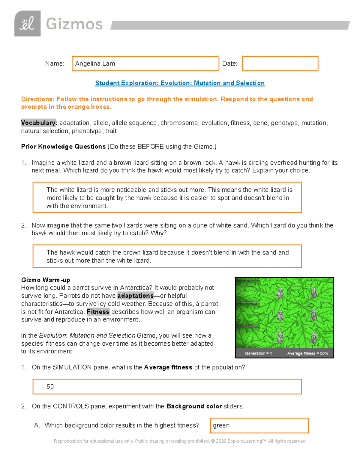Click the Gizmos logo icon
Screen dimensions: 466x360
[x=27, y=24]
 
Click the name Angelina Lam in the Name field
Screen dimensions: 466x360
[x=95, y=64]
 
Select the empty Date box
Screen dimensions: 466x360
[x=280, y=64]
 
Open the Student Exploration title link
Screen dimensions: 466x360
[x=180, y=83]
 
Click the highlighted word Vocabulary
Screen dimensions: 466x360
[x=38, y=123]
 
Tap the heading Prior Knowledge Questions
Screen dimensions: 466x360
[x=63, y=147]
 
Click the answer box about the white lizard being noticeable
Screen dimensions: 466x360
[x=167, y=198]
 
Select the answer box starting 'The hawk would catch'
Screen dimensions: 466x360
[x=167, y=256]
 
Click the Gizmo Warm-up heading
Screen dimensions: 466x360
[x=46, y=280]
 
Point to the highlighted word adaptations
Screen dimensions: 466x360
[x=135, y=296]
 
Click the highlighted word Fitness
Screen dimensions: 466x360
[x=98, y=312]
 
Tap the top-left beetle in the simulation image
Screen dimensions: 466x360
[x=280, y=292]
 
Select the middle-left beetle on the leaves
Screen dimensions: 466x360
[x=280, y=315]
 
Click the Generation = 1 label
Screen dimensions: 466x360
[x=258, y=353]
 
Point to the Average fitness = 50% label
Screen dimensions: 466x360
[x=307, y=353]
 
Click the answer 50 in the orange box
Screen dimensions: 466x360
[x=50, y=387]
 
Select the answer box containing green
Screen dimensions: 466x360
[x=259, y=425]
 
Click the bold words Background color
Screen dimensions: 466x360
[x=194, y=406]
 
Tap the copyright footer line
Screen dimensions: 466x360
[x=179, y=441]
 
